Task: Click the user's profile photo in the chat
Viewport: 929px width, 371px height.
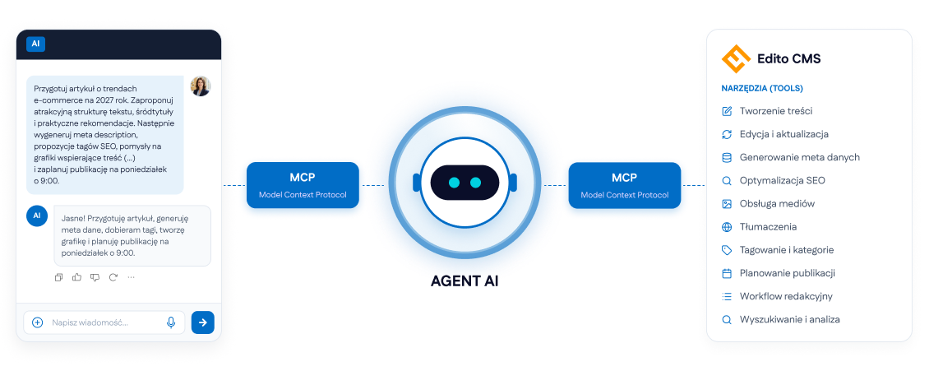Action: [201, 86]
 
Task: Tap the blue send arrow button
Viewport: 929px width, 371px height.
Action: [202, 322]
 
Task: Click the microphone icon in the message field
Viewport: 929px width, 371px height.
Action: [171, 322]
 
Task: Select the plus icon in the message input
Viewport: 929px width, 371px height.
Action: [37, 322]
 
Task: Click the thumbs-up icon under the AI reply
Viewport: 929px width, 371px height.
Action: [76, 276]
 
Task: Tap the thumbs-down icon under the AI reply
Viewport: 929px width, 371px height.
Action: [95, 276]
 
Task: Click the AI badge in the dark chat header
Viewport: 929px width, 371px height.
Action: [35, 44]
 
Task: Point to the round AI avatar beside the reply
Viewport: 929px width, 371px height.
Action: [37, 216]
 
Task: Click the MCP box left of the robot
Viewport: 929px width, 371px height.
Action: [303, 185]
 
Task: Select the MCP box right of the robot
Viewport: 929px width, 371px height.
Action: [625, 185]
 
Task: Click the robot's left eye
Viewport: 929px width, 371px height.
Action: [455, 183]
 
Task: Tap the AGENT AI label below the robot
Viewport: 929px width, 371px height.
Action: [464, 281]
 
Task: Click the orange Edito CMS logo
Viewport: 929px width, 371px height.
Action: [736, 58]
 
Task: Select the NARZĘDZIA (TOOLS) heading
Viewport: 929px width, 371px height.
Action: [762, 88]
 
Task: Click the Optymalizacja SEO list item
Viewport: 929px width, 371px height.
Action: [773, 181]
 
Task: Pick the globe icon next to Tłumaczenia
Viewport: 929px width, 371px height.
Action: [727, 227]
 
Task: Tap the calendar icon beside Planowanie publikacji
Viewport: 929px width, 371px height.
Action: [727, 273]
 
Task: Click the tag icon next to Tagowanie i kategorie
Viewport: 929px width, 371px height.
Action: [727, 250]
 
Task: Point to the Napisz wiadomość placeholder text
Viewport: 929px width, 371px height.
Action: [90, 323]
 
